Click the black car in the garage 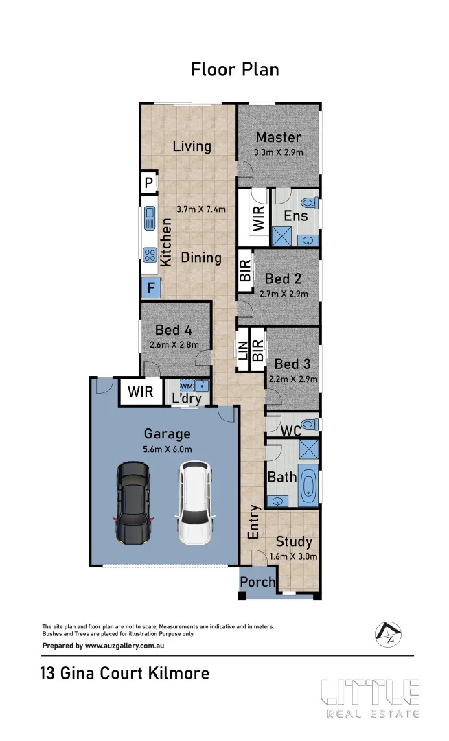pyautogui.click(x=133, y=503)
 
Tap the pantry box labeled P pyautogui.click(x=148, y=183)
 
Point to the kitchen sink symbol pyautogui.click(x=150, y=219)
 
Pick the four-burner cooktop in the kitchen pyautogui.click(x=150, y=256)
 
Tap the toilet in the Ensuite pyautogui.click(x=310, y=204)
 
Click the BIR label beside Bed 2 pyautogui.click(x=244, y=271)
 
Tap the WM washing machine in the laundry pyautogui.click(x=187, y=386)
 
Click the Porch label pyautogui.click(x=257, y=583)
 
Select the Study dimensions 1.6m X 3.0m pyautogui.click(x=294, y=557)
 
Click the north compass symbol pyautogui.click(x=388, y=634)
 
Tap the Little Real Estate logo pyautogui.click(x=370, y=698)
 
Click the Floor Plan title pyautogui.click(x=235, y=69)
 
